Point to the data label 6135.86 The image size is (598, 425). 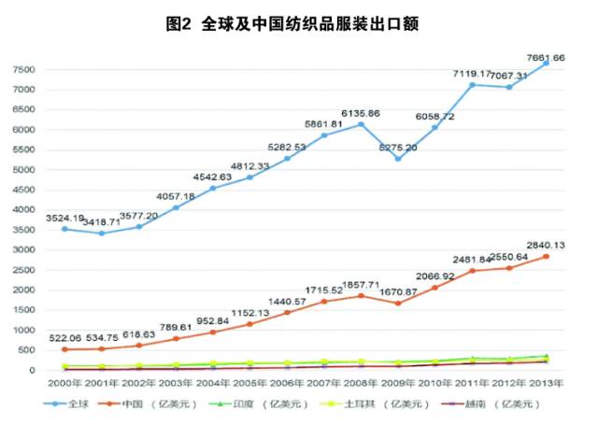tap(361, 113)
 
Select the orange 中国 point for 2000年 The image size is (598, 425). tap(64, 349)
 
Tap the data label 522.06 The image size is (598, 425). tap(64, 337)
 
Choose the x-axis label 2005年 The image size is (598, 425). tap(249, 383)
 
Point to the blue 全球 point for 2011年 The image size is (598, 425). tap(473, 85)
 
